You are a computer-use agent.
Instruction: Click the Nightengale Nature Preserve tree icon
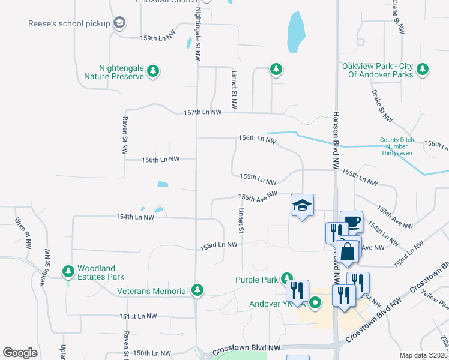pyautogui.click(x=153, y=71)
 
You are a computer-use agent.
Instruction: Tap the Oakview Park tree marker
pyautogui.click(x=423, y=70)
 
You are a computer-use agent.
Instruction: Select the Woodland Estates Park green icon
pyautogui.click(x=68, y=272)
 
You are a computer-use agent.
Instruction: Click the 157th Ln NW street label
pyautogui.click(x=202, y=112)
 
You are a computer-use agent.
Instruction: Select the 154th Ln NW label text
pyautogui.click(x=135, y=217)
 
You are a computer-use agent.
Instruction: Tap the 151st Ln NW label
pyautogui.click(x=137, y=316)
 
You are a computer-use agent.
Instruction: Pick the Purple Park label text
pyautogui.click(x=256, y=280)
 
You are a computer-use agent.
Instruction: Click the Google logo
pyautogui.click(x=20, y=353)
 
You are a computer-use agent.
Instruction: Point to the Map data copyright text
pyautogui.click(x=423, y=355)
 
